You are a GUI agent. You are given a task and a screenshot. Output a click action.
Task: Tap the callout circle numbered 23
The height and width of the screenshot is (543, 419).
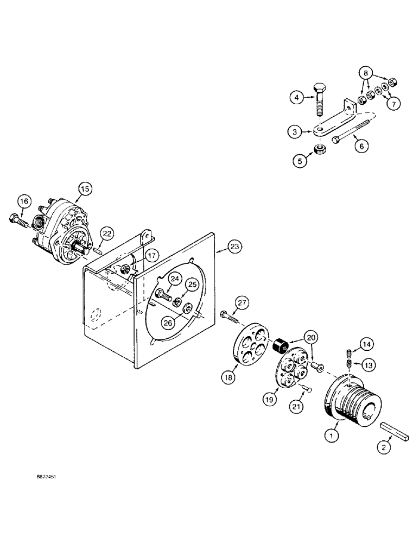pyautogui.click(x=233, y=247)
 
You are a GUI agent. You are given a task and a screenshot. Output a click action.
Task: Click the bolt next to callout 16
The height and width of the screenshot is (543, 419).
pyautogui.click(x=20, y=220)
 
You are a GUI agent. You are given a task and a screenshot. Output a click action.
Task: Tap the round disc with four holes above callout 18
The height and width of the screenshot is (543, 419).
pyautogui.click(x=250, y=345)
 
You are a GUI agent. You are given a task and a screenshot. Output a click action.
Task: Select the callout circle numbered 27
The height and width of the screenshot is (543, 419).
pyautogui.click(x=241, y=302)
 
